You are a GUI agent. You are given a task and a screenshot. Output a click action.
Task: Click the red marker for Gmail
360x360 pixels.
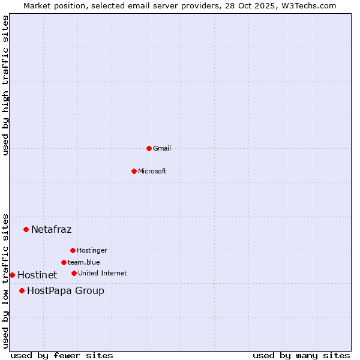click(x=149, y=148)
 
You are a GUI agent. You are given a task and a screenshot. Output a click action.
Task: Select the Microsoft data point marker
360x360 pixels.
click(x=134, y=171)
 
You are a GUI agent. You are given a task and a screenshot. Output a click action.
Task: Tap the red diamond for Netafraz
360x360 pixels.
click(x=26, y=229)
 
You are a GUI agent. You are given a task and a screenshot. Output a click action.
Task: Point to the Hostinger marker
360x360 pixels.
click(x=73, y=250)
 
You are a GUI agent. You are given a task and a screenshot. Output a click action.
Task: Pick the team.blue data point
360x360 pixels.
click(x=64, y=262)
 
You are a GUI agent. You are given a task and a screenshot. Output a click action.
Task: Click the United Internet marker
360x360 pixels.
click(x=74, y=273)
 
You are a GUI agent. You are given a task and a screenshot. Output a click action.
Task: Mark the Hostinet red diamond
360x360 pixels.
click(x=12, y=275)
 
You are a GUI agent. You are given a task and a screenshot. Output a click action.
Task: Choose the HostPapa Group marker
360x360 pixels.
click(x=22, y=290)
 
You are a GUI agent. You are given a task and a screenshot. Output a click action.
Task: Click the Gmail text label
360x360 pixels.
click(x=162, y=148)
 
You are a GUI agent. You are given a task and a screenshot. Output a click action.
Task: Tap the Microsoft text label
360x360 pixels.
click(x=152, y=171)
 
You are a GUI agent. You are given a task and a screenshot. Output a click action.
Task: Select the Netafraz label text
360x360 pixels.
click(x=51, y=229)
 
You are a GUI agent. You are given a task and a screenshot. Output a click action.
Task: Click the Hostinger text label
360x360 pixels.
click(x=92, y=250)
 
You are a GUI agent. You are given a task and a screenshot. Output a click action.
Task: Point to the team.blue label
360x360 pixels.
click(x=83, y=262)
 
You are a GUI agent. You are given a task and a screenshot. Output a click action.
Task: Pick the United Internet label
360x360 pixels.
click(x=102, y=273)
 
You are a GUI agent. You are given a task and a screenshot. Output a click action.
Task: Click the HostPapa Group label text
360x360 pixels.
click(x=65, y=290)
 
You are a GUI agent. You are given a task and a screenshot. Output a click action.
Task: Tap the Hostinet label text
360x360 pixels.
click(x=37, y=275)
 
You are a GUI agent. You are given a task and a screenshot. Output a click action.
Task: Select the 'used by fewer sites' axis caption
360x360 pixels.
click(x=62, y=355)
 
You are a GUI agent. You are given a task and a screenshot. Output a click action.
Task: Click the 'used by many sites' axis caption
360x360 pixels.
click(x=301, y=355)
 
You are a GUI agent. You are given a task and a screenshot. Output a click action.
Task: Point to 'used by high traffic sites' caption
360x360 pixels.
click(x=5, y=85)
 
